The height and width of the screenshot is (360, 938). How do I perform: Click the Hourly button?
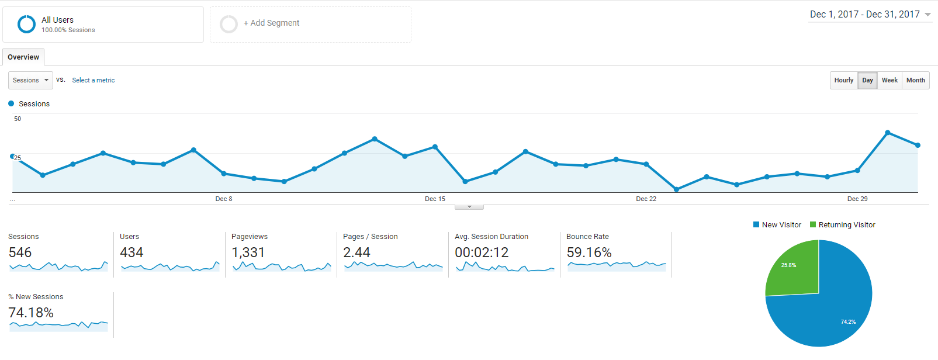(x=843, y=81)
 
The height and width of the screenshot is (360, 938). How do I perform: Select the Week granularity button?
(x=889, y=81)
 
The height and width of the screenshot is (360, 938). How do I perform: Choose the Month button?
(x=915, y=81)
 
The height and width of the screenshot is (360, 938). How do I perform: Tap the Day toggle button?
(x=867, y=81)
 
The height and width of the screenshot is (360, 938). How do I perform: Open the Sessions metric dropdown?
(x=30, y=81)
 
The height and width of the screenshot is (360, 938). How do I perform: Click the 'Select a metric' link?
(x=94, y=81)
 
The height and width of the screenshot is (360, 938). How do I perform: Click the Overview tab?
(x=23, y=57)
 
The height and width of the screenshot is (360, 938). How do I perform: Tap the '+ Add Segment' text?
(x=271, y=23)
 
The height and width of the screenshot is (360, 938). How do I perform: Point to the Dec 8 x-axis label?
(x=224, y=199)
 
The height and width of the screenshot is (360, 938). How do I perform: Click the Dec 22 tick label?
(x=646, y=199)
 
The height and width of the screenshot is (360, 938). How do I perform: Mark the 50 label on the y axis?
(x=18, y=119)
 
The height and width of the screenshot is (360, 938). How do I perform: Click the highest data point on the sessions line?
(x=888, y=133)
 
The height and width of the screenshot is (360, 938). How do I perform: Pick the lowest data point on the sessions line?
(x=676, y=189)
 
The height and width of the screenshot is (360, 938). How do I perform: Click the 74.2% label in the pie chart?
(x=848, y=322)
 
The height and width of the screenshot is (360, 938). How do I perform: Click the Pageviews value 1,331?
(x=248, y=252)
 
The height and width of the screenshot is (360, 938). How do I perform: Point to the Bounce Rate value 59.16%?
(x=589, y=252)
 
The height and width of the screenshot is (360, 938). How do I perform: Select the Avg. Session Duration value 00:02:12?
(x=482, y=252)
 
